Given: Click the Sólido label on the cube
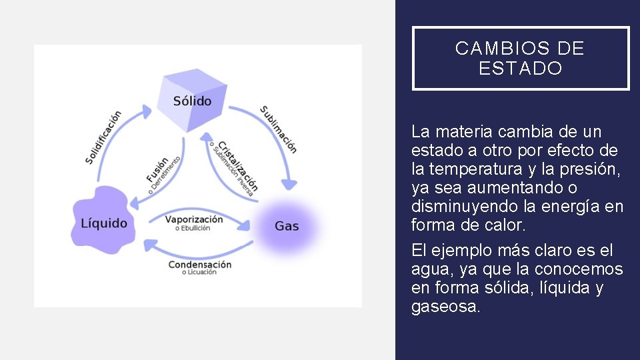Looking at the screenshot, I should (192, 101).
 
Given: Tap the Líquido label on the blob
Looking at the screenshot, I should (104, 223).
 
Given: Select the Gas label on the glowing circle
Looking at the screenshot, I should (287, 226).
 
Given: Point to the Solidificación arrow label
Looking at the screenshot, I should (103, 137).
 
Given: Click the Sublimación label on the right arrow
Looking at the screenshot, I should (279, 129).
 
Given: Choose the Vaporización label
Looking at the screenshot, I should (194, 219).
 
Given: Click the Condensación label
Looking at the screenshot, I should (199, 264).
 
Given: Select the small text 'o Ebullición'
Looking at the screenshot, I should (193, 228).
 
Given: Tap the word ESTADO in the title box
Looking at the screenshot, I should (521, 69).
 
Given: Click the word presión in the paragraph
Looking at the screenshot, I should (596, 169).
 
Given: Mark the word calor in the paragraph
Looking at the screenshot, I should (505, 225).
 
